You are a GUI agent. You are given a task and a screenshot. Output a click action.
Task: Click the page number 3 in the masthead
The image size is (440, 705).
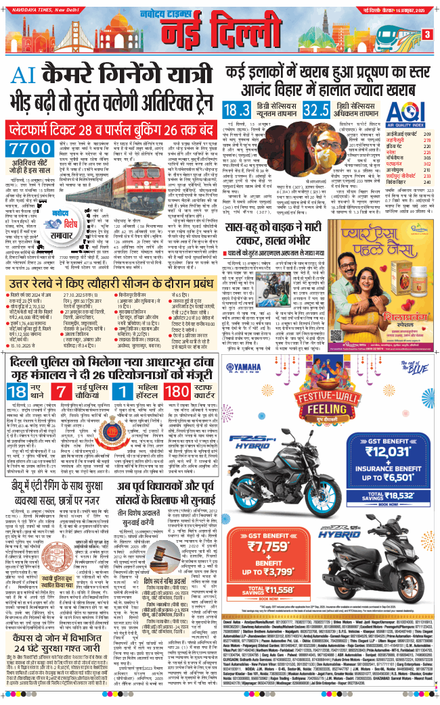(427, 34)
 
